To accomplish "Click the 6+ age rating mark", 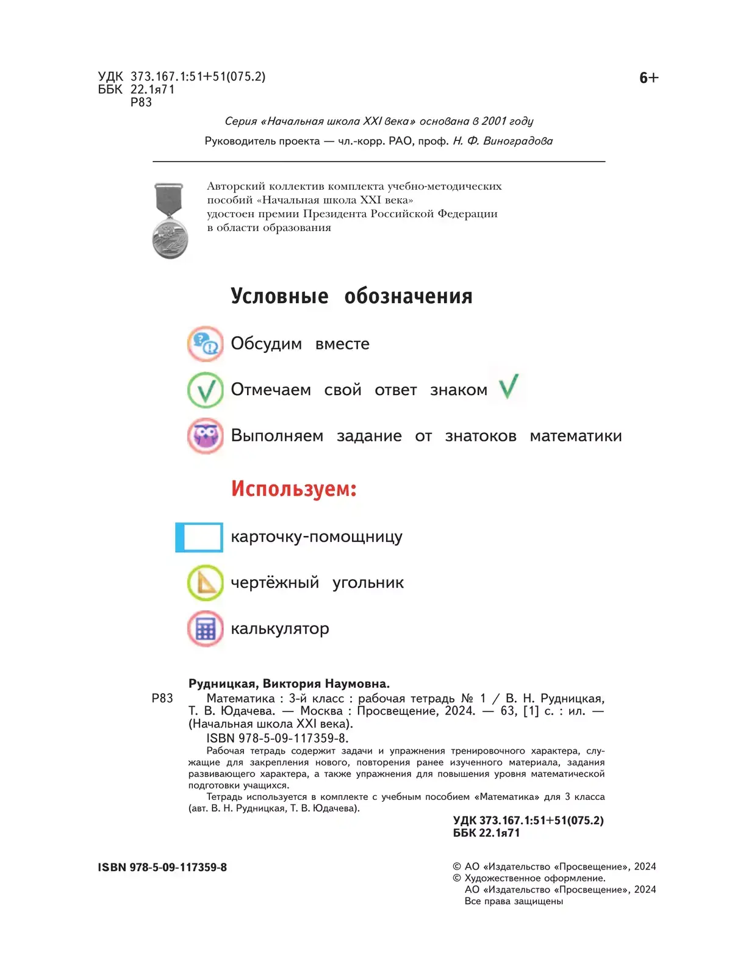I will (x=648, y=78).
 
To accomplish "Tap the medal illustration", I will (x=170, y=221).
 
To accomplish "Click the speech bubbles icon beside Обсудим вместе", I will (x=205, y=344).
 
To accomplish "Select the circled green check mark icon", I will (x=205, y=390).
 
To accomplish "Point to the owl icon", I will (x=205, y=436).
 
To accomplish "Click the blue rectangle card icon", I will (x=199, y=537).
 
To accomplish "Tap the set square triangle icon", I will (x=205, y=583).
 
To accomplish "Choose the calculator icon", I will (x=205, y=629).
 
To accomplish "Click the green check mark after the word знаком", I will (x=509, y=387).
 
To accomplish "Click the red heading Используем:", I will (x=293, y=489).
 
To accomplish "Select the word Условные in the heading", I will (x=279, y=296).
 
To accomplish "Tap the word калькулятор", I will (x=279, y=629).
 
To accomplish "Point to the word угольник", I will (x=368, y=583).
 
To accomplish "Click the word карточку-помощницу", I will (x=316, y=537).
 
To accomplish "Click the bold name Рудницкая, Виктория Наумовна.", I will (x=289, y=684).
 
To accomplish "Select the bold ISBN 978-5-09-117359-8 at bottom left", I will (x=162, y=867).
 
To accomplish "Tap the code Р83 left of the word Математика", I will (x=162, y=698).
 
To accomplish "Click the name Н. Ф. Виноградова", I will (x=503, y=141).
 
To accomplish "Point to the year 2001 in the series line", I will (x=494, y=121).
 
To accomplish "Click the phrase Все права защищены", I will (x=514, y=901).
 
